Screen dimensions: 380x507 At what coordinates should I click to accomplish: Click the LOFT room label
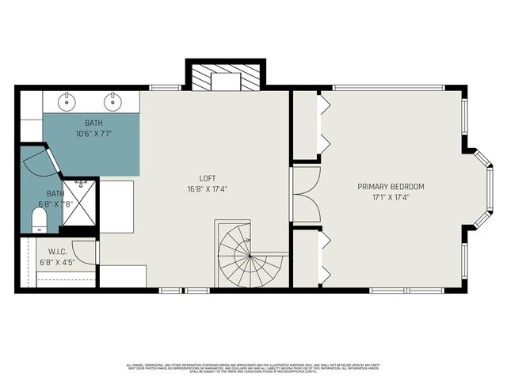point(208,178)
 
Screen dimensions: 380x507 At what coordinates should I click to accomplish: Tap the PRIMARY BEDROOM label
point(391,187)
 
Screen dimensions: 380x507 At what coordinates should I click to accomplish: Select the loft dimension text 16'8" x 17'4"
point(208,189)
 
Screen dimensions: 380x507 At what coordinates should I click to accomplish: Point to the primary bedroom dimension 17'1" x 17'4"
point(391,198)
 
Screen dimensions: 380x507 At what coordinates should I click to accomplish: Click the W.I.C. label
point(56,254)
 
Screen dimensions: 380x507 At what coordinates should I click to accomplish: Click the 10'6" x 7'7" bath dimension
point(93,134)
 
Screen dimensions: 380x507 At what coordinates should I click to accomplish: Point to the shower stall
point(80,203)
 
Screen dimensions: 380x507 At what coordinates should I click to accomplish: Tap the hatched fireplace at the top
point(226,76)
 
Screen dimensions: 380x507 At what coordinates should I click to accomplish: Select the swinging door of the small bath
point(40,162)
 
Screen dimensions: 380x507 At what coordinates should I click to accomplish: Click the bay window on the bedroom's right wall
point(483,190)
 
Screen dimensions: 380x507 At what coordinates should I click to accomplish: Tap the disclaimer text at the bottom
point(253,367)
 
